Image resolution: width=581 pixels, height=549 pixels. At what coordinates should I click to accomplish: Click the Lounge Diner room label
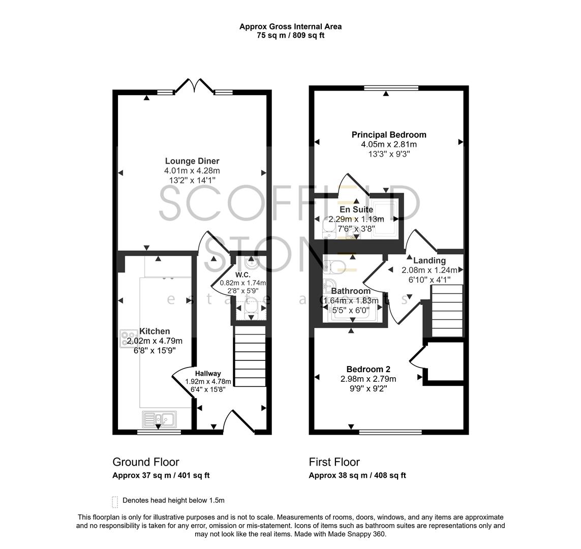coord(192,161)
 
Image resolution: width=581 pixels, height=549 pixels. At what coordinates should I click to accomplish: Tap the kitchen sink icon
coord(159,419)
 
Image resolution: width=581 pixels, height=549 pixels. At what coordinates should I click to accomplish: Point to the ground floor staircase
coord(250,357)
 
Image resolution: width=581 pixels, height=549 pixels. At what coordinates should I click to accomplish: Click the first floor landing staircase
coord(447,311)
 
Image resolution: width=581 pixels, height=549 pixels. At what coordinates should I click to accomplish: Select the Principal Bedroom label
coord(389,135)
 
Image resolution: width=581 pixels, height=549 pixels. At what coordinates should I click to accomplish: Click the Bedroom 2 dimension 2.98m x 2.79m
coord(368,379)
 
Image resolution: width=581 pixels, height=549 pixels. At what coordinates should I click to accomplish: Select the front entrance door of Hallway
coord(238,422)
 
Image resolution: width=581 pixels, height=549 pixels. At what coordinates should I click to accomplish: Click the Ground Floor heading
coord(145,462)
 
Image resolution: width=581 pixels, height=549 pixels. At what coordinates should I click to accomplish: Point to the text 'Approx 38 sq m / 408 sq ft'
coord(357,476)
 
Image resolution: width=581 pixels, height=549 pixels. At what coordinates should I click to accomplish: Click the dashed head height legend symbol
coord(115,502)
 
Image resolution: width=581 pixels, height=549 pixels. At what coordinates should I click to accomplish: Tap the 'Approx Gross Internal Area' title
coord(290,26)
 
